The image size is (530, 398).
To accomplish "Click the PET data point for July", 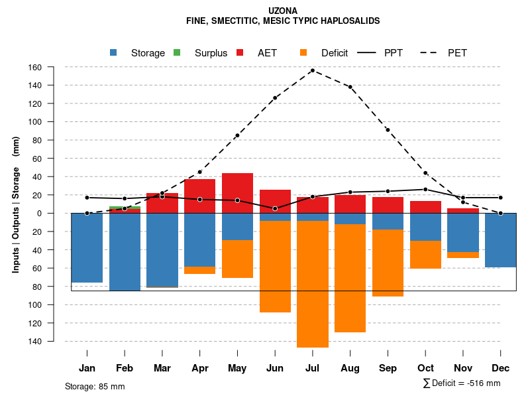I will click(x=313, y=70).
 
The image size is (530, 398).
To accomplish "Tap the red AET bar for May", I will click(x=237, y=193).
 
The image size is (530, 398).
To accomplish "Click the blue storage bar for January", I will click(x=87, y=247).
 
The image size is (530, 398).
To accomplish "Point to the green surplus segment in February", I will click(x=125, y=208).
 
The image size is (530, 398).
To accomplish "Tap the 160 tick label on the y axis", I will click(x=53, y=67).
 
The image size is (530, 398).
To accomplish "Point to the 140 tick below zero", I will click(x=53, y=341).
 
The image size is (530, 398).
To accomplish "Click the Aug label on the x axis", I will click(x=350, y=368).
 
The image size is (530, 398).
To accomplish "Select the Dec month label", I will click(x=501, y=368).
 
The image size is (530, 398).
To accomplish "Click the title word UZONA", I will click(x=284, y=11).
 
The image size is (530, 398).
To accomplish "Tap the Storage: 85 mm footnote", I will click(x=95, y=386).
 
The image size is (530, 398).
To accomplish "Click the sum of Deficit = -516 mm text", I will click(x=462, y=383).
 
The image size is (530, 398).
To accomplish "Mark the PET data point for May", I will click(x=237, y=135).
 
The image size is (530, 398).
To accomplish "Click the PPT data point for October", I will click(x=425, y=189).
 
